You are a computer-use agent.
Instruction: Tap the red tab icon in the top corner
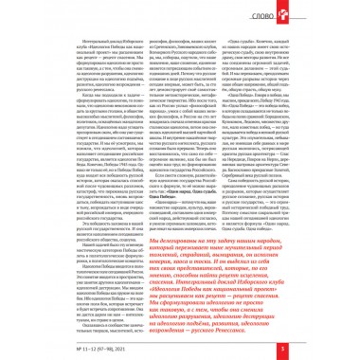(350, 11)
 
